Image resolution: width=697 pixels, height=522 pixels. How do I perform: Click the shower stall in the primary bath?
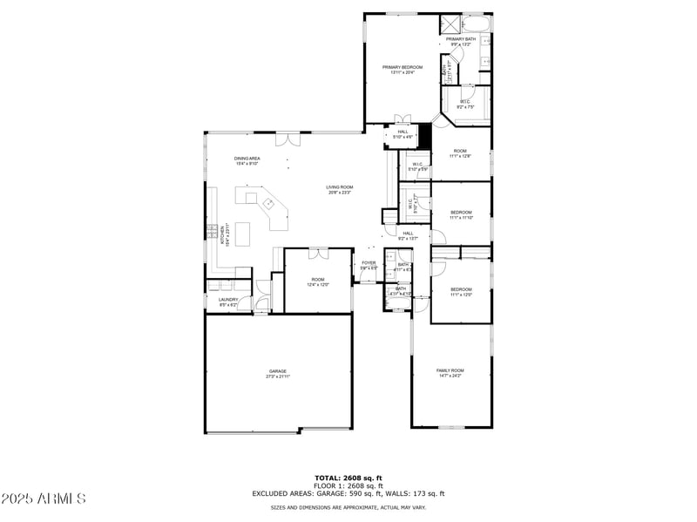(x=450, y=24)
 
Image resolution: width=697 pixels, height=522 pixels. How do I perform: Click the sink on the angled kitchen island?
(x=269, y=204)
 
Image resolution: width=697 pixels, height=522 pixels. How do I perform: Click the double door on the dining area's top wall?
(x=286, y=139)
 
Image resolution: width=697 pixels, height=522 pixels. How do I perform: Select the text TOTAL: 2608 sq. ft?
(x=348, y=478)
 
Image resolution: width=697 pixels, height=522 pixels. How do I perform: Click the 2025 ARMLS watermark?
(x=44, y=499)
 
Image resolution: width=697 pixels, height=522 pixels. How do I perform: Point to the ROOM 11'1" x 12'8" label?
(x=459, y=153)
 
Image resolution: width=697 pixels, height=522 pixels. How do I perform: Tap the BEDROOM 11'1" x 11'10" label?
(x=461, y=215)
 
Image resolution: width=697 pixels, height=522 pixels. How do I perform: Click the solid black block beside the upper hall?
(x=424, y=136)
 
